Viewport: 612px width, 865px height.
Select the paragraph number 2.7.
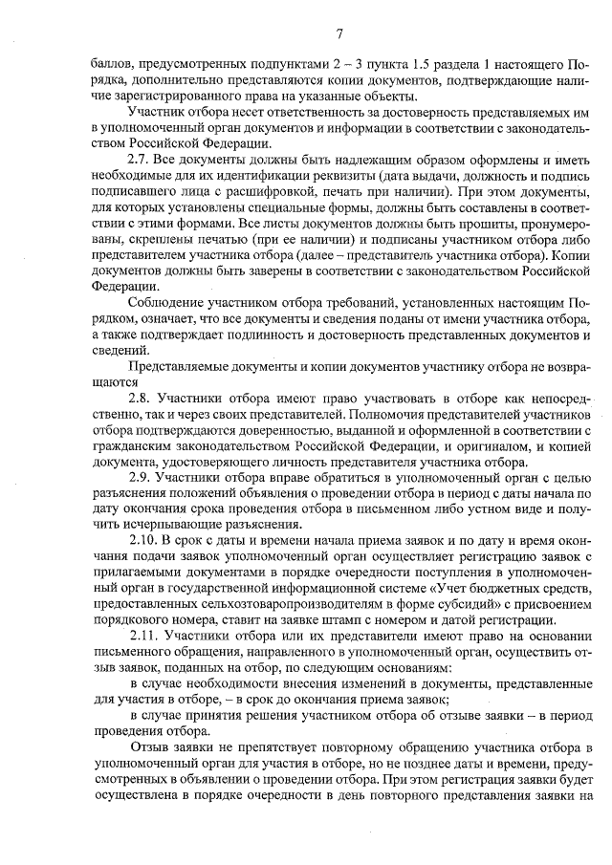(x=141, y=158)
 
